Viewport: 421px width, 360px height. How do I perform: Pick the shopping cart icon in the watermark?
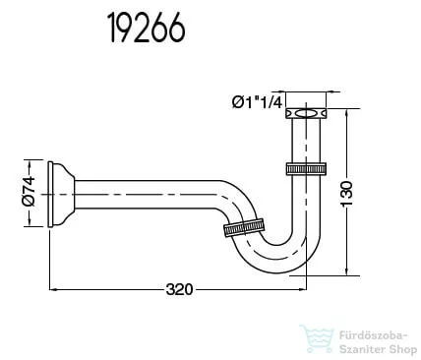click(x=317, y=337)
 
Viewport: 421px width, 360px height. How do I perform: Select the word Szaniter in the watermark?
click(x=360, y=345)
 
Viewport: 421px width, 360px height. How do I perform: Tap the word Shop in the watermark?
click(x=396, y=345)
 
